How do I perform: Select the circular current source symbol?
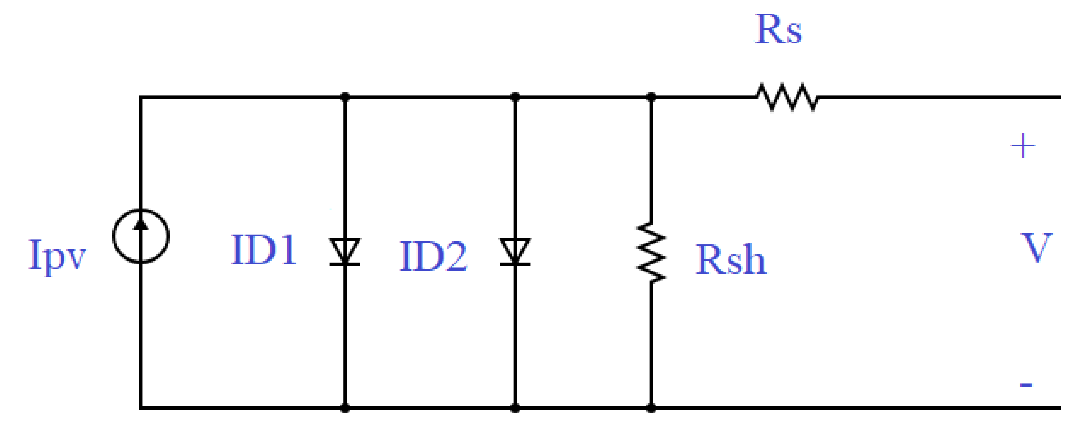pos(141,236)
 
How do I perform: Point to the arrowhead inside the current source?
pos(141,225)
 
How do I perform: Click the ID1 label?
pos(264,250)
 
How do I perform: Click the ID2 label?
pos(433,256)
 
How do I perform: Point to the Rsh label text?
pos(731,260)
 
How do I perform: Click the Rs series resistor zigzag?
pos(787,97)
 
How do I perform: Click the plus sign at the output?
pos(1023,146)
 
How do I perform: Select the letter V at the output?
pos(1037,248)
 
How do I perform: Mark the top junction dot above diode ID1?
pos(345,97)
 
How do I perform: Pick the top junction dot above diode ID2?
pos(515,97)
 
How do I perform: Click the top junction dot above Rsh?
pos(651,97)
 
